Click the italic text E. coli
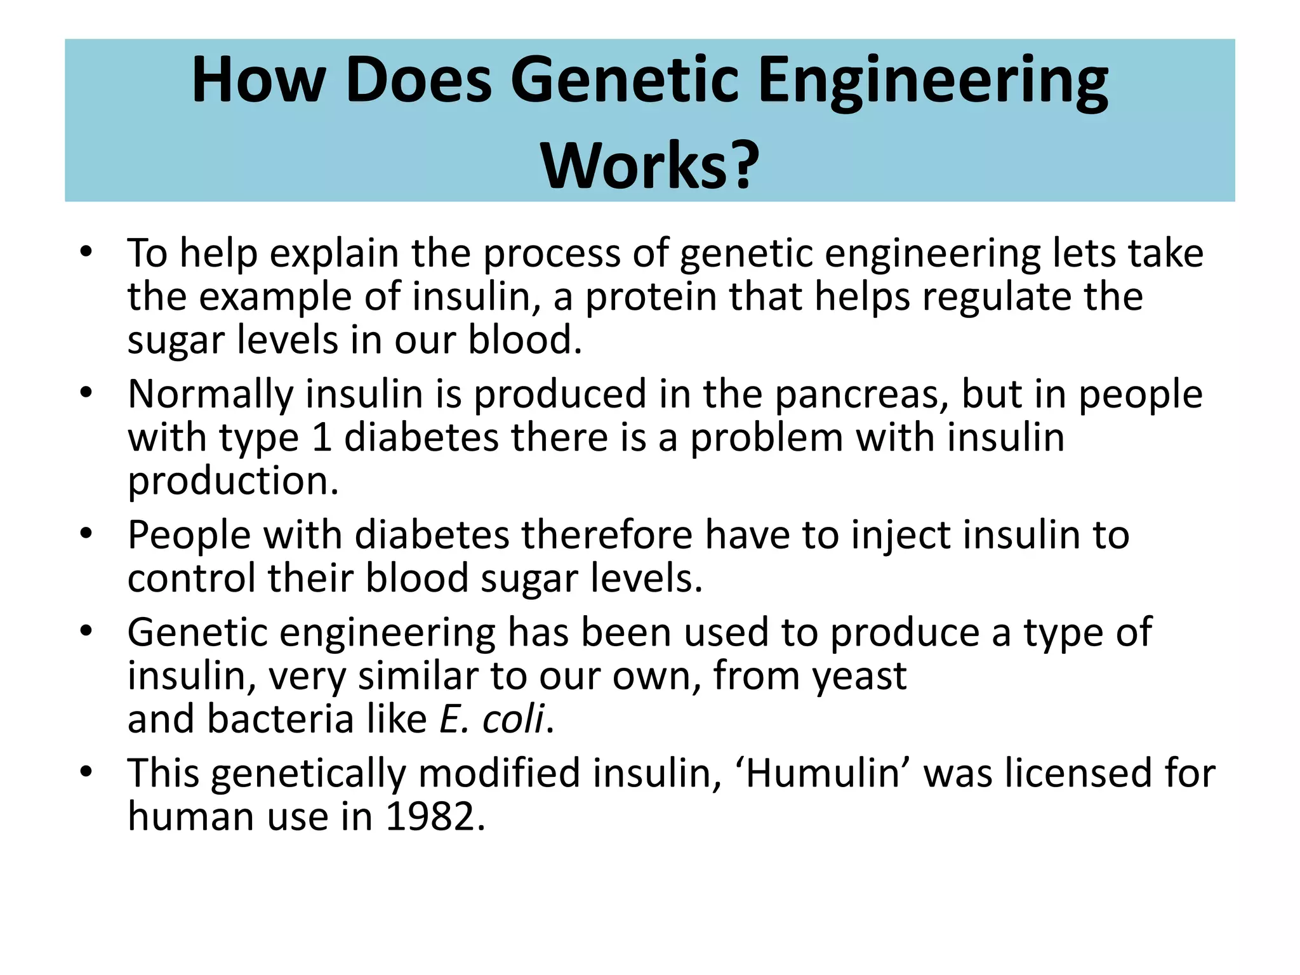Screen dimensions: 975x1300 491,720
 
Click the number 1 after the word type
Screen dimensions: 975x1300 322,438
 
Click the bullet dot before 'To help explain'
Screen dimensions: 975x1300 86,251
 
